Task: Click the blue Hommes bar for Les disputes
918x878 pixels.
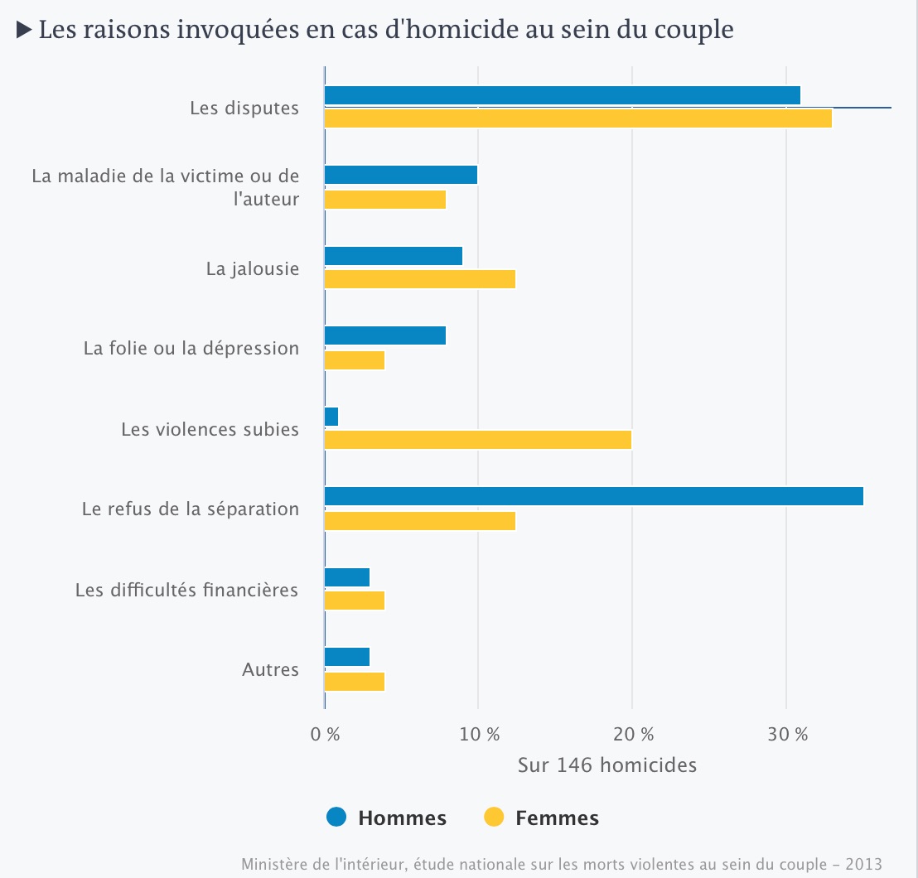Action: (x=562, y=95)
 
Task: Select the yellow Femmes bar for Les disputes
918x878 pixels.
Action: (x=577, y=118)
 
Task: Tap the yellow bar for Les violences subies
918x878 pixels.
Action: (x=477, y=440)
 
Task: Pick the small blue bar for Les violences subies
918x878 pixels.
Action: (x=331, y=417)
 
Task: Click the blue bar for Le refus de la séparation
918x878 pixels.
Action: (x=593, y=496)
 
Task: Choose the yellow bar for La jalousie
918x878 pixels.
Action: (x=419, y=279)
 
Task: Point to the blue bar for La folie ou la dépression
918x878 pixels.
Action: (x=384, y=335)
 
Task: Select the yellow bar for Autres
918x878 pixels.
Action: (x=354, y=682)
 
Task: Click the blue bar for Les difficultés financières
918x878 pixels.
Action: (x=346, y=577)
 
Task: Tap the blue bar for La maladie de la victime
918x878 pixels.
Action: (x=400, y=175)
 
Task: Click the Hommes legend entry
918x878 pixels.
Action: (x=387, y=818)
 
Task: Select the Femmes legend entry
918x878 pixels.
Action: (x=541, y=818)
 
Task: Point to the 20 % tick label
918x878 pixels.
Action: (x=632, y=734)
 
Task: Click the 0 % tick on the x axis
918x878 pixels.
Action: (x=325, y=734)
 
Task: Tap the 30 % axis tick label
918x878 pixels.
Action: (x=786, y=734)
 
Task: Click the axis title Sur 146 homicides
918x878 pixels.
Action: (x=607, y=765)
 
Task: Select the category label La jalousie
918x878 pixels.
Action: (x=253, y=269)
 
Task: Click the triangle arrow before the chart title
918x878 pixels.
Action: (x=24, y=31)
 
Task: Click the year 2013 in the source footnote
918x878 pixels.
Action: (x=865, y=863)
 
